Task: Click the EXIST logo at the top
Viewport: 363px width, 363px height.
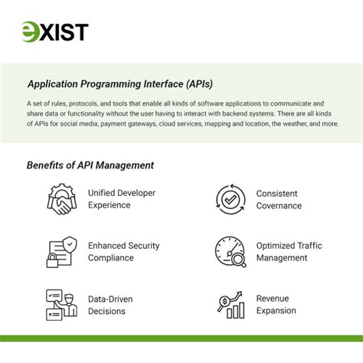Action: click(54, 31)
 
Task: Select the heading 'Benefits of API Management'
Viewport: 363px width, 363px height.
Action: click(90, 165)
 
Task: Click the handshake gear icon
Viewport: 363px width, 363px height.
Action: click(60, 199)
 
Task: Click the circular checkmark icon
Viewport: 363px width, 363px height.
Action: click(231, 199)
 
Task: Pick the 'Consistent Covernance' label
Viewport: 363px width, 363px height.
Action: click(279, 199)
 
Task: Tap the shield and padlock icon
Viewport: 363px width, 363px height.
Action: click(60, 251)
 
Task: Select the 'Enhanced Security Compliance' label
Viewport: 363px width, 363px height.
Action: click(123, 251)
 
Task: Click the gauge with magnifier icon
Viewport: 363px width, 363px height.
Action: click(231, 251)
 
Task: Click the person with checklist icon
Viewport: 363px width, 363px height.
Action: click(60, 304)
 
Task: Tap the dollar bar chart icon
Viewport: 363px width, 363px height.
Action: click(231, 304)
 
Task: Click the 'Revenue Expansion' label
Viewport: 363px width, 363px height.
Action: click(276, 304)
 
